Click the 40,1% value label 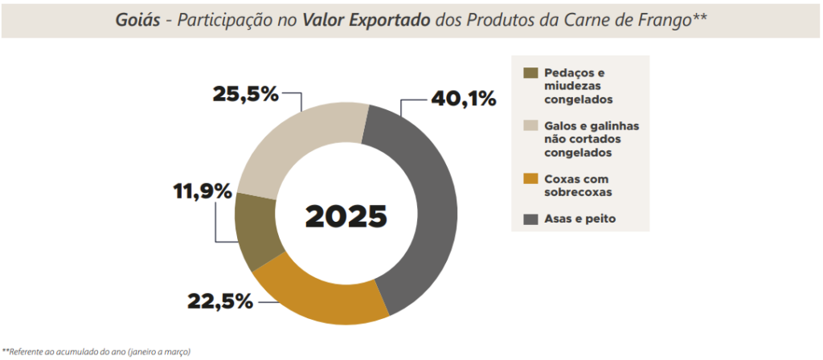tap(464, 99)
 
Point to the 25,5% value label tap(245, 94)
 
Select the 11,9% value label tap(202, 192)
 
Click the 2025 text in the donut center tap(346, 215)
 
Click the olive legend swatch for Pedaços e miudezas tap(530, 72)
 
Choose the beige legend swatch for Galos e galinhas tap(530, 125)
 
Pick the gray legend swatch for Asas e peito tap(530, 218)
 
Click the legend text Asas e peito tap(579, 218)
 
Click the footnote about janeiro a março tap(96, 351)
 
